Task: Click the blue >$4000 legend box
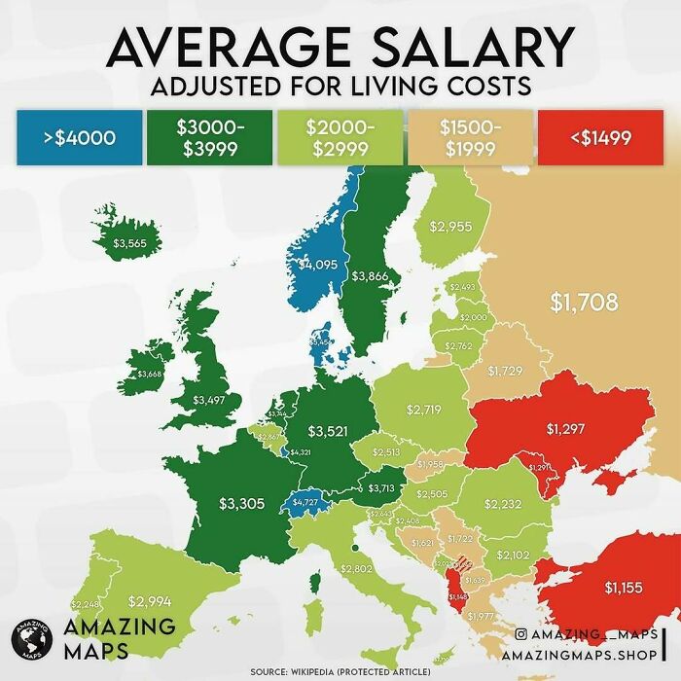(79, 137)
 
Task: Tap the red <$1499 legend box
(596, 137)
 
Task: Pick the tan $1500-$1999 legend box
(470, 137)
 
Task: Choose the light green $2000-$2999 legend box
(340, 137)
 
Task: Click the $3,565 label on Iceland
(130, 243)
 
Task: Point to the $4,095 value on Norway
(318, 264)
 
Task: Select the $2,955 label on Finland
(451, 227)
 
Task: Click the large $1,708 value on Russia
(584, 302)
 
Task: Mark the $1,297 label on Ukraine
(564, 427)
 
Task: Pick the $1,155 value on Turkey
(624, 587)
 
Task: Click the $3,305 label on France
(240, 503)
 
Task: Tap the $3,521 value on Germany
(328, 430)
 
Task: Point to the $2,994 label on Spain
(149, 600)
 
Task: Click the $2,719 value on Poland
(423, 410)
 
